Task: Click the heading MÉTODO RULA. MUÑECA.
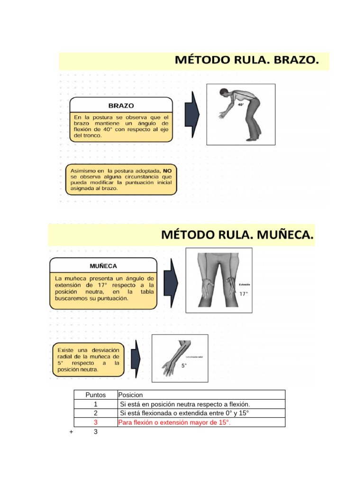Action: coord(237,235)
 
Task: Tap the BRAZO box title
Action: coord(121,105)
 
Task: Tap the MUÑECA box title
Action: coord(103,266)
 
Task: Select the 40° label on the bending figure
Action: coord(241,104)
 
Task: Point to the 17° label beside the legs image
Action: coord(244,294)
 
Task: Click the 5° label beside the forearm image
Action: coord(184,365)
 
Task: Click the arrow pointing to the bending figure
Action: coord(192,113)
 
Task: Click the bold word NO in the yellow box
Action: coord(167,170)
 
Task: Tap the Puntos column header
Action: coord(95,395)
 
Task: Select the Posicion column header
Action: coord(130,395)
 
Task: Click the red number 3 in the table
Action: coord(96,422)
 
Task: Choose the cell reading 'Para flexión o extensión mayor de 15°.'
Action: coord(174,422)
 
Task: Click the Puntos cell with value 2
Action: coord(96,413)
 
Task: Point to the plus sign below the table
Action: coord(71,431)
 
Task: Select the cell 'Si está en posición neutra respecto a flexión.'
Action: coord(185,404)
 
